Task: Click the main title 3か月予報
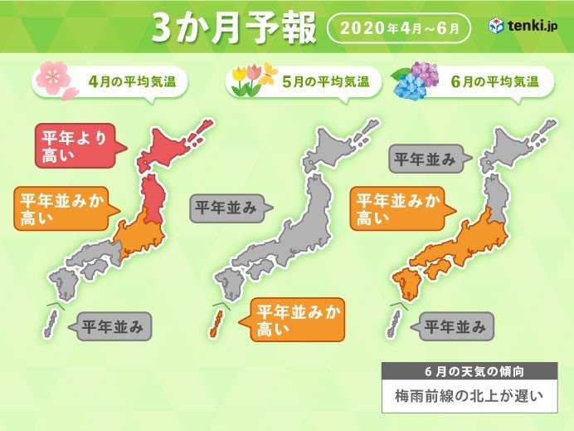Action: (x=233, y=28)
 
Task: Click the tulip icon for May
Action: (x=249, y=81)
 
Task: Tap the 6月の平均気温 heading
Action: (x=508, y=81)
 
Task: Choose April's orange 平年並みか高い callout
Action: (x=61, y=208)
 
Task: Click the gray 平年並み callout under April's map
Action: (x=113, y=326)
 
